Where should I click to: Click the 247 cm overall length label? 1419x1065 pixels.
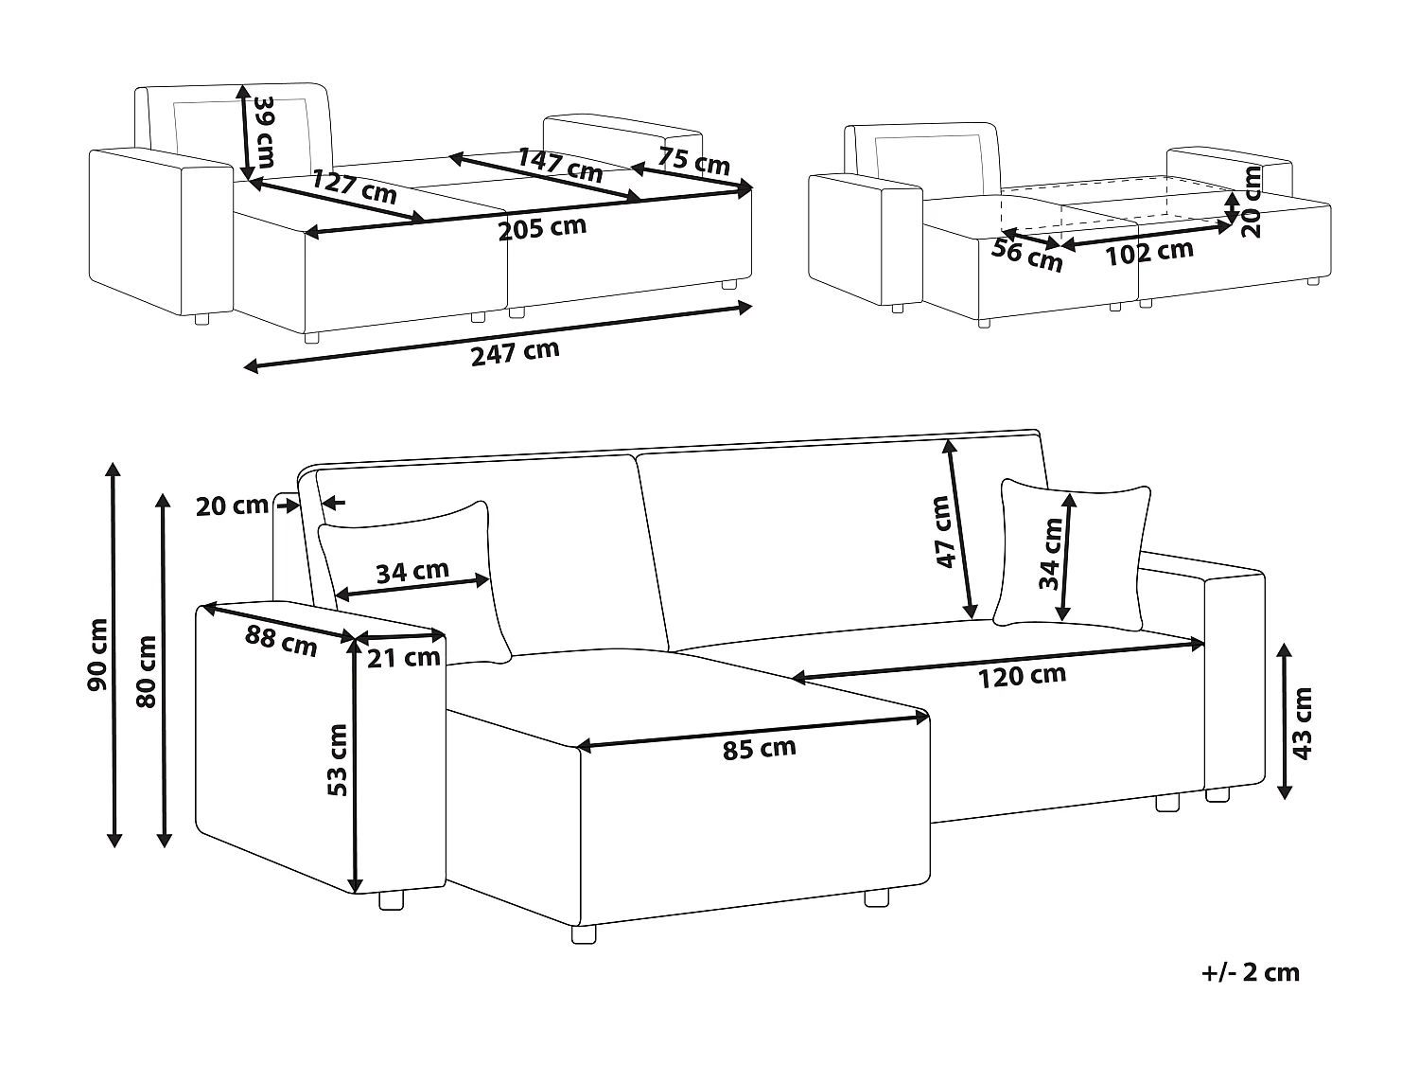(515, 352)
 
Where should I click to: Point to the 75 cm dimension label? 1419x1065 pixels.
(693, 161)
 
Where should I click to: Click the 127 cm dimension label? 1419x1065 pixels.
(354, 187)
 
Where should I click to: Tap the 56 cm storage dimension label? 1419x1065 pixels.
(1027, 254)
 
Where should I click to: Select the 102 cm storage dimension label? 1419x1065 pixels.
(1148, 252)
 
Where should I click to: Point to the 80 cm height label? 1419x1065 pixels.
(147, 672)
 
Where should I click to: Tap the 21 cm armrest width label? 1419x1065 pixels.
(404, 657)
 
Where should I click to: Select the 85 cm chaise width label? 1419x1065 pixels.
(759, 749)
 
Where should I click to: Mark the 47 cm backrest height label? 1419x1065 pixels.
(943, 532)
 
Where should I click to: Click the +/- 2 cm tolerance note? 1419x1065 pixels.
(1252, 972)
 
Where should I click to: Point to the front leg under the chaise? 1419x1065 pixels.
(585, 933)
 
